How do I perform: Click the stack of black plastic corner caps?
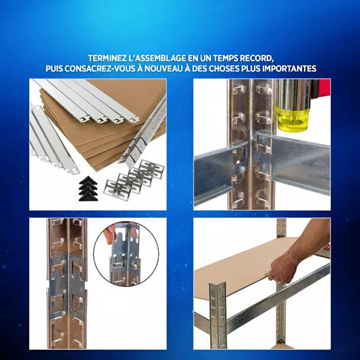pos(88,188)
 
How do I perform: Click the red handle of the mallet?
pos(323,88)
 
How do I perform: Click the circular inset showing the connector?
pos(126,253)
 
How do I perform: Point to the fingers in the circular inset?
pos(109,234)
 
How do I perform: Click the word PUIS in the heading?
pos(54,68)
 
